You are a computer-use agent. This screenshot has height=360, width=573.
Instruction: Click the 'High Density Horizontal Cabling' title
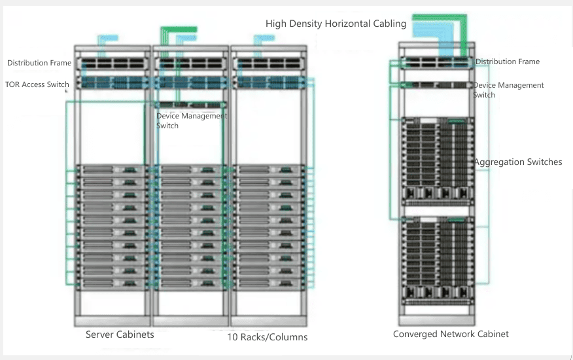[336, 24]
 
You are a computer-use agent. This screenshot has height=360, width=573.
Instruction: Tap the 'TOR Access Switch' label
[37, 84]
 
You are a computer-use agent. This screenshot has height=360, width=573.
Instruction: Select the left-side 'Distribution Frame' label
[39, 63]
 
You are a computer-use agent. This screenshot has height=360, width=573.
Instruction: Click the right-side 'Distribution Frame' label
[508, 62]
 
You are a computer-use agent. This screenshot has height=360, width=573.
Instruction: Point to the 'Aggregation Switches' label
[517, 162]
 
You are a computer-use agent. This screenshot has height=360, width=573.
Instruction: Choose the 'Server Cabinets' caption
[120, 334]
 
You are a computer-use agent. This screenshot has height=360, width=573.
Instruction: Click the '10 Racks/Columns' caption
[267, 337]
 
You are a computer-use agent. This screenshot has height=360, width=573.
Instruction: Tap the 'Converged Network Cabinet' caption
[451, 334]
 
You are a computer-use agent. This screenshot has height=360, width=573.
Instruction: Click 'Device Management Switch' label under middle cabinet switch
[192, 120]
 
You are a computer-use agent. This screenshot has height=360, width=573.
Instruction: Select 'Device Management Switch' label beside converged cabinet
[508, 90]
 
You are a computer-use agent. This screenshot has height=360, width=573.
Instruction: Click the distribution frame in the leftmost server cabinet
[113, 64]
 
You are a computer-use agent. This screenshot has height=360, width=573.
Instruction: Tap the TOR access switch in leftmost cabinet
[113, 83]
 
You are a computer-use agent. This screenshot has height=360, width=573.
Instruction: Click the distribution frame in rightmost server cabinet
[269, 64]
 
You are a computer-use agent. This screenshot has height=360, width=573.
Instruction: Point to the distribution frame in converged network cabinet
[436, 63]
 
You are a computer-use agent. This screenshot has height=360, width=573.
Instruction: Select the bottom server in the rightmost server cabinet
[269, 283]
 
